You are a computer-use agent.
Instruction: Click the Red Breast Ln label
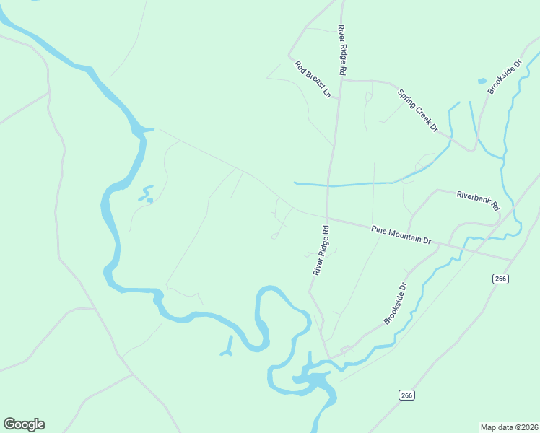coord(312,79)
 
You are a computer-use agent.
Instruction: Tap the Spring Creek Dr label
coord(418,110)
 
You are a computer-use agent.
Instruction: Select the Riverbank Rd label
coord(478,199)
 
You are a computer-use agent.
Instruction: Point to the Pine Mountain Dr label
coord(401,235)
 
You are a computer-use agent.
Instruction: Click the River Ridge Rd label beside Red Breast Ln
coord(342,50)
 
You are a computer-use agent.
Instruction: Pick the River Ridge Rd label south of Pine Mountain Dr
coord(321,250)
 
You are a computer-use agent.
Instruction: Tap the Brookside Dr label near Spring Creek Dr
coord(504,76)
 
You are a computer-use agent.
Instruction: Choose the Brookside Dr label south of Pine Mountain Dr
coord(396,303)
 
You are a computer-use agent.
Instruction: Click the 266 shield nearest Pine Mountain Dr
coord(500,279)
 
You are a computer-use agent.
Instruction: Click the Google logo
coord(24,424)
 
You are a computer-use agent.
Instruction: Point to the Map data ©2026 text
coord(509,427)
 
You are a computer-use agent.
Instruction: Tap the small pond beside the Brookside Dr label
coord(482,81)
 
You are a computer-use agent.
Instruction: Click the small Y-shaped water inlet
coord(228,350)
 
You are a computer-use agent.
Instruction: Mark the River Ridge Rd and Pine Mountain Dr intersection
coord(327,218)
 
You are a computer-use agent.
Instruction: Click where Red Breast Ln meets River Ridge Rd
coord(340,79)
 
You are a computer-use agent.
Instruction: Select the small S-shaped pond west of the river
coord(147,194)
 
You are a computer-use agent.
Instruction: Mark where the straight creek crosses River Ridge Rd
coord(329,185)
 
